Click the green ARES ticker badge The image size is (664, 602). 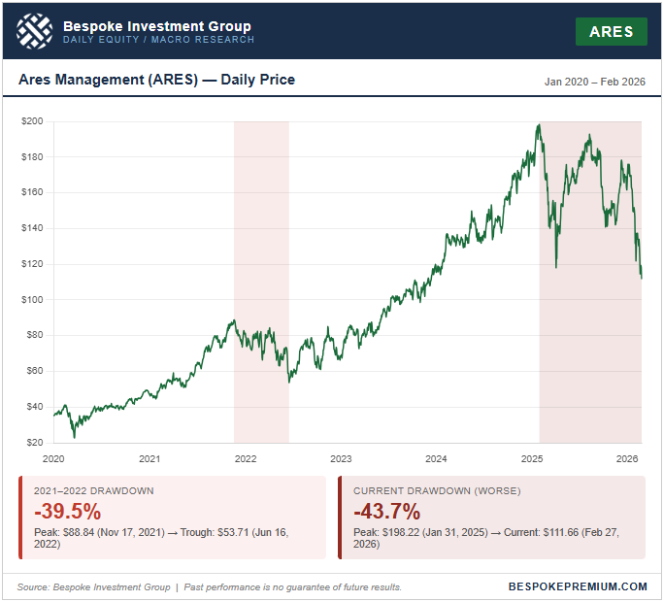pyautogui.click(x=612, y=31)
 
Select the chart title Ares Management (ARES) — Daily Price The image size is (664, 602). pyautogui.click(x=156, y=80)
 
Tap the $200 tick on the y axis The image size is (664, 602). pyautogui.click(x=34, y=121)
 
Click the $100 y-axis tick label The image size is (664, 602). pyautogui.click(x=34, y=299)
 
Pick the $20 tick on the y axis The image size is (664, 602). pyautogui.click(x=36, y=442)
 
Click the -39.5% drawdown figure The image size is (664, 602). pyautogui.click(x=67, y=511)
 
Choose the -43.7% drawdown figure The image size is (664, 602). pyautogui.click(x=386, y=511)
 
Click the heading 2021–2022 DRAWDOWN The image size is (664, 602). pyautogui.click(x=93, y=491)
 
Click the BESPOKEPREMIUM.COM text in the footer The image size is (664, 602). pyautogui.click(x=578, y=586)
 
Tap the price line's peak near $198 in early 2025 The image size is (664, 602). pyautogui.click(x=539, y=124)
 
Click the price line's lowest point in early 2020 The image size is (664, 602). pyautogui.click(x=74, y=436)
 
